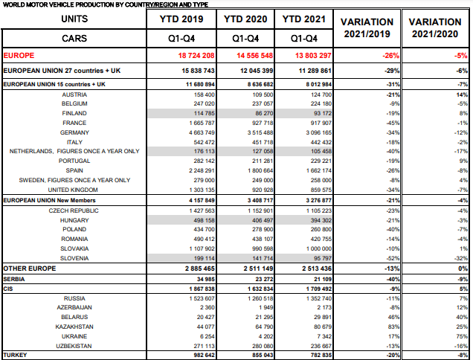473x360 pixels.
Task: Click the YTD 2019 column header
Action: point(181,19)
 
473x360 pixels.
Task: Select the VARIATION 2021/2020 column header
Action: point(435,28)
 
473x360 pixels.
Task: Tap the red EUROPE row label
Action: point(19,56)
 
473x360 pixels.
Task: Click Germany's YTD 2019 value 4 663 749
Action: point(202,132)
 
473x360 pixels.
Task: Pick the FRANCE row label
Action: point(74,123)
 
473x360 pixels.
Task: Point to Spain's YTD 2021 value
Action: point(319,170)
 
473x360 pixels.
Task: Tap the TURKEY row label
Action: point(15,355)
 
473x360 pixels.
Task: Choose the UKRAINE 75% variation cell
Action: point(462,336)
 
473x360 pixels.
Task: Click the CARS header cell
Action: point(74,39)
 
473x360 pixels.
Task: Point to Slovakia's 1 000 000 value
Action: point(319,248)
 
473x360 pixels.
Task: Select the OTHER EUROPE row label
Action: point(30,269)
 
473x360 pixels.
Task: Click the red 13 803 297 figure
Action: point(313,56)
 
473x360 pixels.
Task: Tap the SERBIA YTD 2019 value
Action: point(205,279)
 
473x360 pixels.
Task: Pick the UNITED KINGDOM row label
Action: point(73,190)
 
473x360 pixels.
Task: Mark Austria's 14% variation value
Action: point(462,94)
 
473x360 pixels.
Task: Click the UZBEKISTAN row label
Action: point(74,346)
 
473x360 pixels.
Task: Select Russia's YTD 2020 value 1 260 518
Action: point(260,298)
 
